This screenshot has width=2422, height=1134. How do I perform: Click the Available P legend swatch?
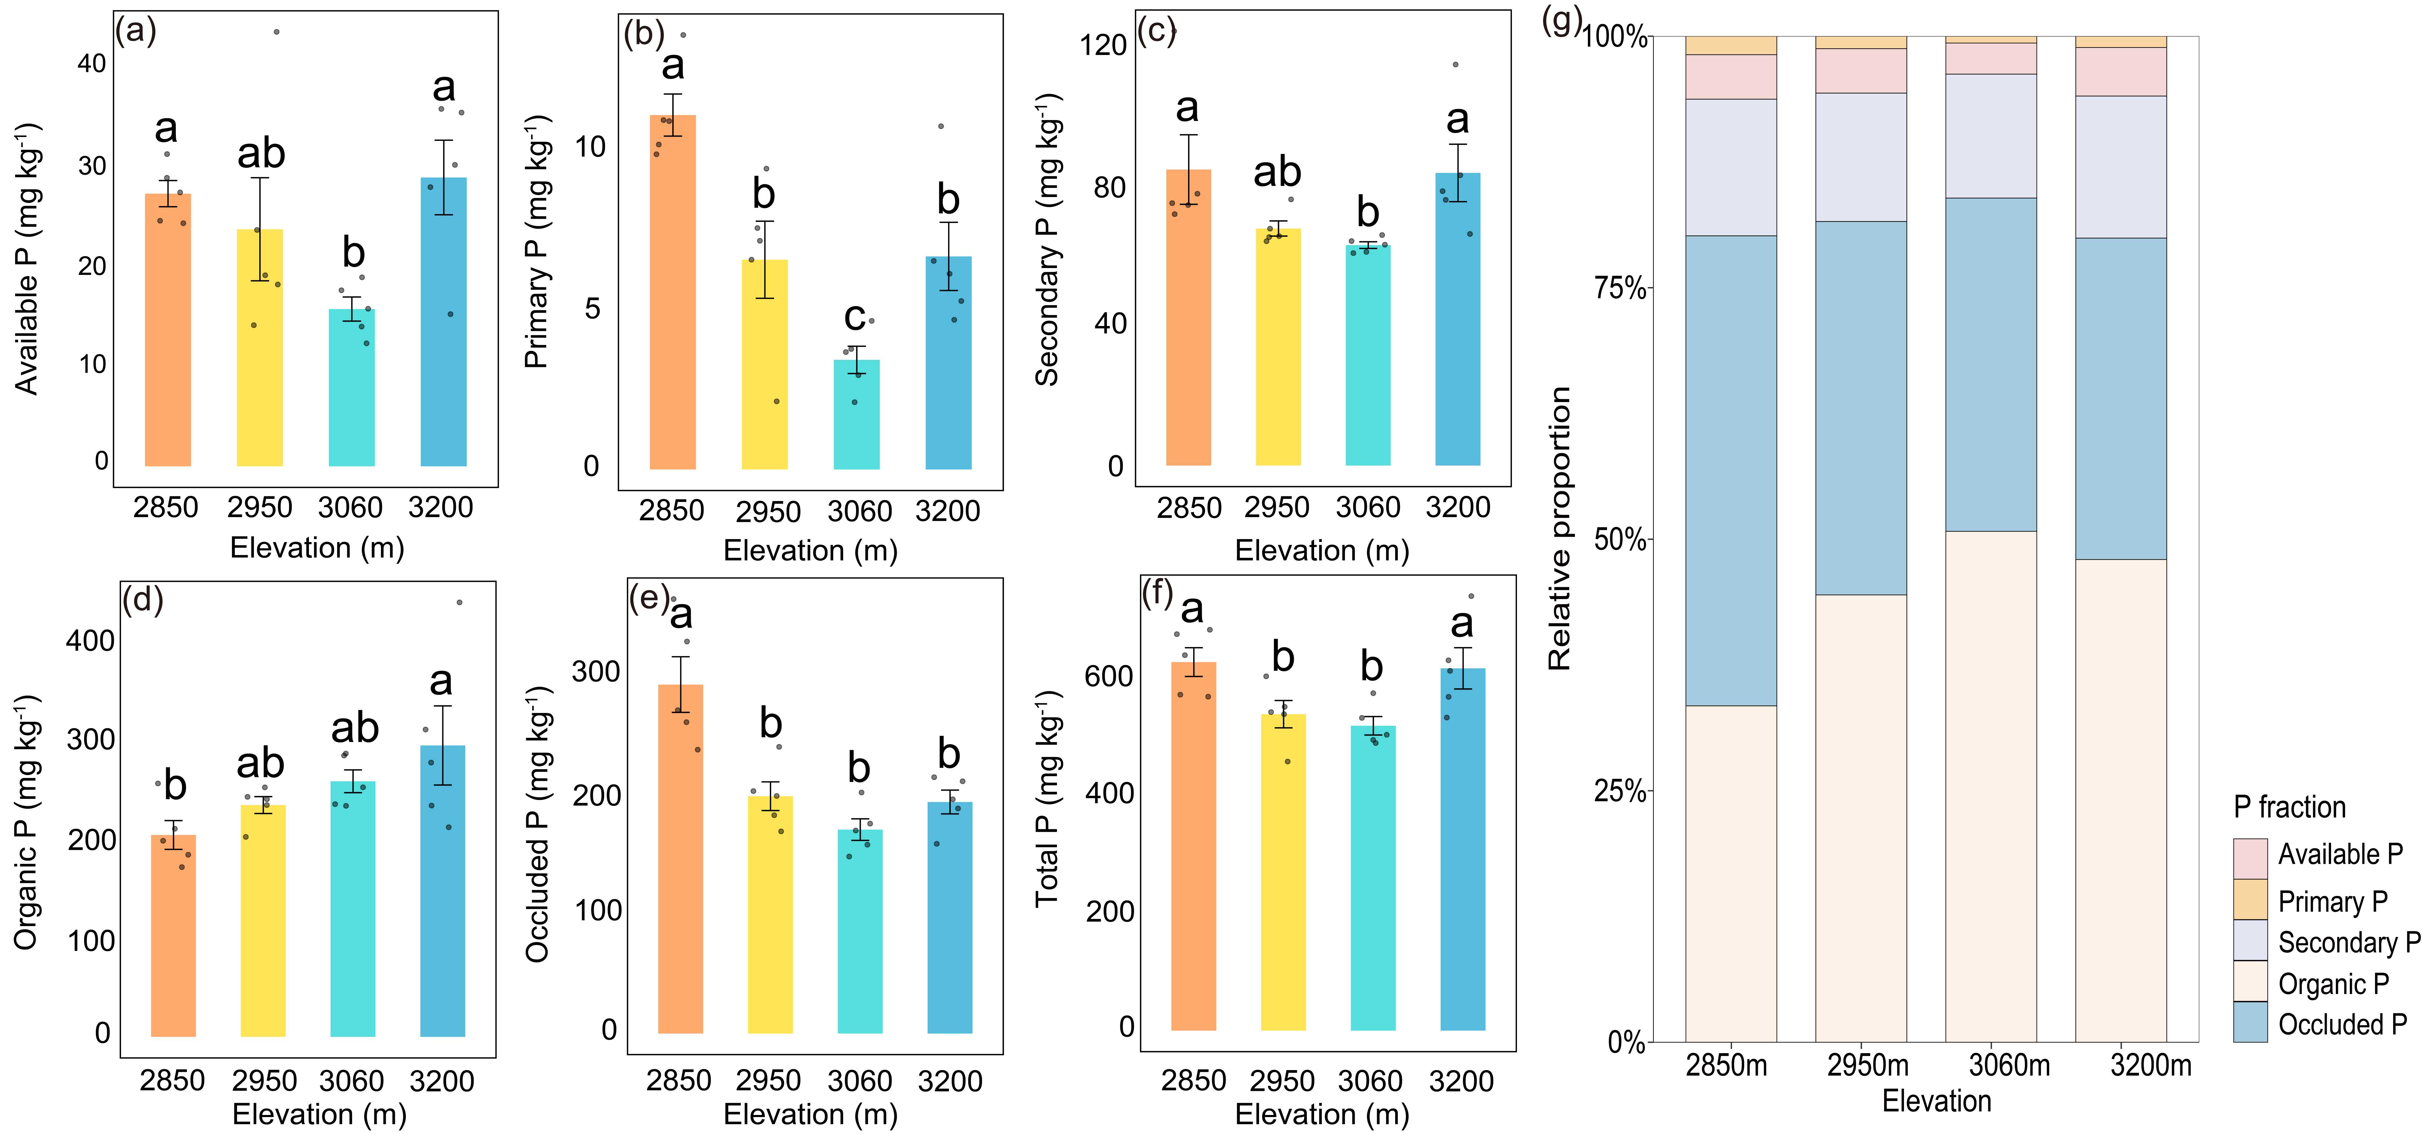(2250, 858)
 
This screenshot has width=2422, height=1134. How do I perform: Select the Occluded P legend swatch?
(2250, 1022)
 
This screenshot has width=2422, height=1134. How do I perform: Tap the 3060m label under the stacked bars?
(2009, 1065)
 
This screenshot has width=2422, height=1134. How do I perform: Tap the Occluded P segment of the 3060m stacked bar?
(1990, 365)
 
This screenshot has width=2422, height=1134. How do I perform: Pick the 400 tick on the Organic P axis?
(90, 641)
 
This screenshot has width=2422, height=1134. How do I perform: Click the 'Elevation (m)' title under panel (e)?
(811, 1114)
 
